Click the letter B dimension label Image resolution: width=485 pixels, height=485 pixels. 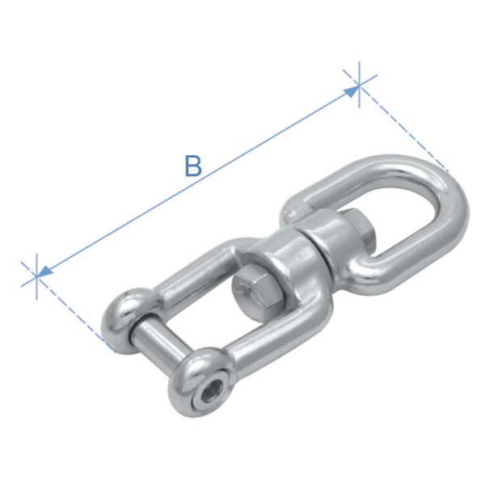(x=192, y=166)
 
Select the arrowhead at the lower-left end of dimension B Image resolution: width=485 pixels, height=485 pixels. (x=45, y=272)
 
